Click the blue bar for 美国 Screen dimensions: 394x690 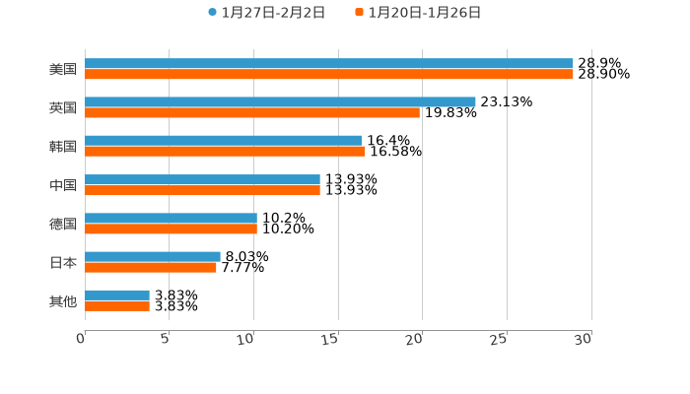click(328, 64)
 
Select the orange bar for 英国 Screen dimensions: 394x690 click(252, 113)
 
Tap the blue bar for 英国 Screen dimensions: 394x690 click(280, 102)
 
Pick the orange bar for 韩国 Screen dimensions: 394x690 click(225, 152)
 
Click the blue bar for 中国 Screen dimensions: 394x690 click(202, 180)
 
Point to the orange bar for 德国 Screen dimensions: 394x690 click(171, 229)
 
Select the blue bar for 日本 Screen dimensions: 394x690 click(153, 257)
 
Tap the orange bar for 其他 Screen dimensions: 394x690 click(117, 306)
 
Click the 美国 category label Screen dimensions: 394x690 click(62, 70)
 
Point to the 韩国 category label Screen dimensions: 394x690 click(62, 147)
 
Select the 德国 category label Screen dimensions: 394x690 click(62, 224)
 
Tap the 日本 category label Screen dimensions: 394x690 click(62, 262)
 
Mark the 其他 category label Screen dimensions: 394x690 click(62, 300)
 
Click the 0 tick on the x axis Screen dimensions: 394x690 click(81, 339)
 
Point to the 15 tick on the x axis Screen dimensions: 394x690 click(330, 339)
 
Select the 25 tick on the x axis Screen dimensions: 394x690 click(499, 339)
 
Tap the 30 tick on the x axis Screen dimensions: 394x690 click(584, 339)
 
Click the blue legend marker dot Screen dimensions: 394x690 click(212, 13)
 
